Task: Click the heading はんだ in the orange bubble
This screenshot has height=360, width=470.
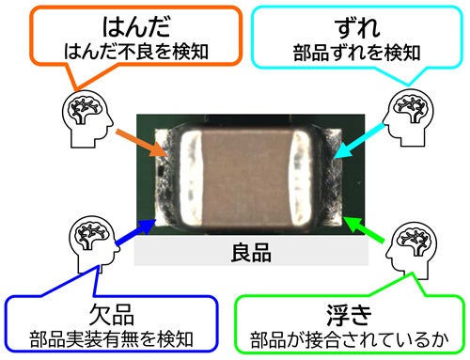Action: pyautogui.click(x=136, y=26)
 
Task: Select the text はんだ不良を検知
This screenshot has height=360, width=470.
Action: pyautogui.click(x=136, y=52)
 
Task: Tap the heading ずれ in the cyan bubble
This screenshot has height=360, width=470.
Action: pyautogui.click(x=357, y=27)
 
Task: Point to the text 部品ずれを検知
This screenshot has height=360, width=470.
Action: pyautogui.click(x=357, y=53)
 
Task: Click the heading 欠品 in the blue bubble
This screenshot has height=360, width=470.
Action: pyautogui.click(x=112, y=315)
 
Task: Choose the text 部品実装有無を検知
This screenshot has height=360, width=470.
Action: pyautogui.click(x=111, y=339)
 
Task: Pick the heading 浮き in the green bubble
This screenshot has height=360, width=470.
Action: pyautogui.click(x=349, y=315)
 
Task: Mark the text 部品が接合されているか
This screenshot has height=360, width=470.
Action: pyautogui.click(x=349, y=339)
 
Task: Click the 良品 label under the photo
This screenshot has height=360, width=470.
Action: pyautogui.click(x=251, y=253)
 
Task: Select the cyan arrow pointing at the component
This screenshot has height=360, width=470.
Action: pyautogui.click(x=359, y=141)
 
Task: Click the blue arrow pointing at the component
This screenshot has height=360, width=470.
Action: pyautogui.click(x=135, y=232)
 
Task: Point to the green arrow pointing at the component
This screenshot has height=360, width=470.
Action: pyautogui.click(x=364, y=228)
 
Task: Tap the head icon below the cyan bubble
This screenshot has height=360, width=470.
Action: pyautogui.click(x=408, y=117)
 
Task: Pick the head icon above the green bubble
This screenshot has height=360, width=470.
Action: pyautogui.click(x=412, y=250)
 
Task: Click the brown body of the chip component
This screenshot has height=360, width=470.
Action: pyautogui.click(x=246, y=178)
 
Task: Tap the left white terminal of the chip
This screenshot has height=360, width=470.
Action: pyautogui.click(x=190, y=178)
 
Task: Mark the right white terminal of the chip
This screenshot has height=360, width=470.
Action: pyautogui.click(x=301, y=178)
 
